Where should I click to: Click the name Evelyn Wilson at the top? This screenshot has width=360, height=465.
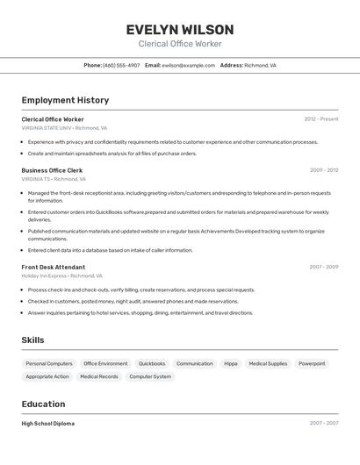(x=179, y=29)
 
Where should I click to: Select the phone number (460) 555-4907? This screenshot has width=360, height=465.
(x=121, y=65)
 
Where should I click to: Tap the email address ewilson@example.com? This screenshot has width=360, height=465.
(x=188, y=65)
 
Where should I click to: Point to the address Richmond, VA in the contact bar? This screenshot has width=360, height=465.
(x=260, y=65)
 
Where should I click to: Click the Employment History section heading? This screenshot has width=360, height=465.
(x=65, y=100)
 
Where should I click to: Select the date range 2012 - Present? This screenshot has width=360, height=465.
(x=320, y=119)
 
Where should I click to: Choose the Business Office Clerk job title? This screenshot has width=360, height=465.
(x=52, y=170)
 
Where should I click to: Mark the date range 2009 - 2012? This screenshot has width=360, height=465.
(x=323, y=170)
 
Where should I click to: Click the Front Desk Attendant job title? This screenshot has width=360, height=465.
(x=54, y=267)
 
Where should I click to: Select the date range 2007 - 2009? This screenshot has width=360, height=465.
(x=323, y=267)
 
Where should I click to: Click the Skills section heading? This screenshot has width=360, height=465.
(x=32, y=340)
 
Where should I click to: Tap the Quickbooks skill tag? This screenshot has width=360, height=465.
(x=152, y=363)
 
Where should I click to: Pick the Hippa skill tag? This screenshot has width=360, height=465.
(x=231, y=363)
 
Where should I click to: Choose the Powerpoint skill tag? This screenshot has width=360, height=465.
(x=312, y=363)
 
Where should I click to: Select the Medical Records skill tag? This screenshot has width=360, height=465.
(x=98, y=376)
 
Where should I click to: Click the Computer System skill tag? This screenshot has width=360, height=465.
(x=150, y=376)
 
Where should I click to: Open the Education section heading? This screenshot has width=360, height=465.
(x=43, y=404)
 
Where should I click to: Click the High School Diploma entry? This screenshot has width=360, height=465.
(x=48, y=423)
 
